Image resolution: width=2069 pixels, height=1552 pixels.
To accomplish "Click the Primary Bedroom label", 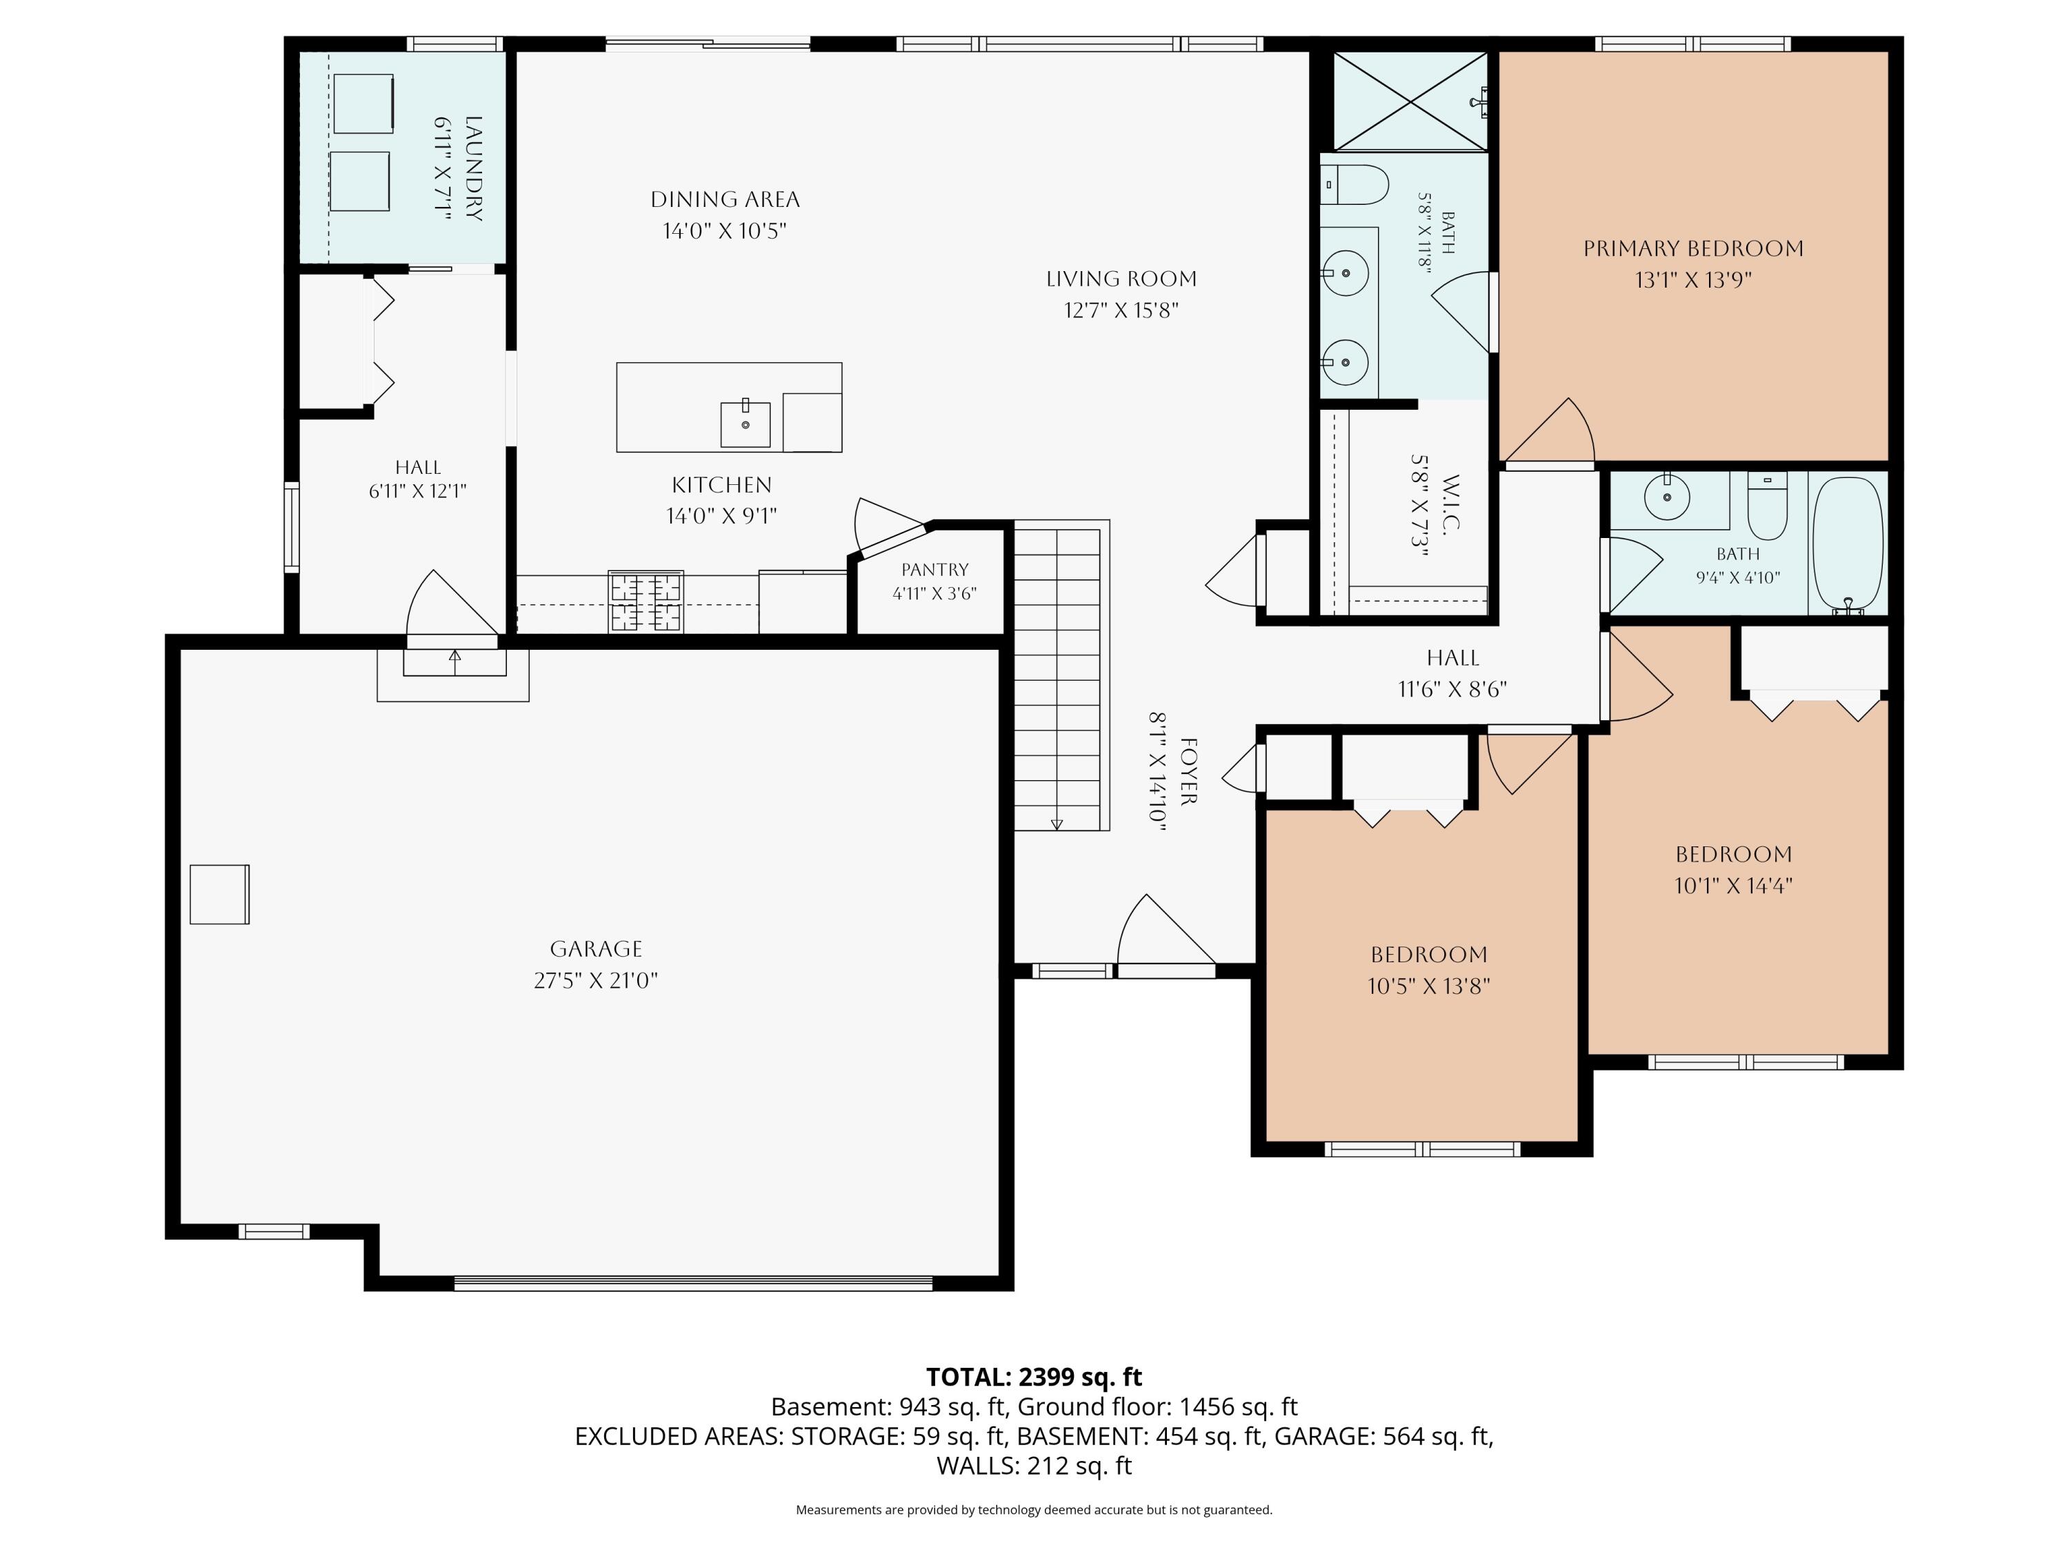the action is pyautogui.click(x=1693, y=249).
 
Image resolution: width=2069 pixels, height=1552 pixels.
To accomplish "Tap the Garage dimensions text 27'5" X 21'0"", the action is pyautogui.click(x=596, y=980).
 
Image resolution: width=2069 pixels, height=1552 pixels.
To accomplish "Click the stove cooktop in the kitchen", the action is pyautogui.click(x=646, y=601).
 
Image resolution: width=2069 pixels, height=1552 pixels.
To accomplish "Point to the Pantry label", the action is pyautogui.click(x=934, y=570).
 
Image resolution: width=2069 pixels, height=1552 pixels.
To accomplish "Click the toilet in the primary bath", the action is pyautogui.click(x=1353, y=186).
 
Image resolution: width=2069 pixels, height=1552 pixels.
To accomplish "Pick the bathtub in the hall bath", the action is pyautogui.click(x=1848, y=546).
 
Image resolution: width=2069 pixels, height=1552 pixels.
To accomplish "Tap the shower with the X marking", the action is pyautogui.click(x=1410, y=101).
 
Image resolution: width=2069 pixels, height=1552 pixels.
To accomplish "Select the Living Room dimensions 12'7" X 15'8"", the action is pyautogui.click(x=1121, y=310).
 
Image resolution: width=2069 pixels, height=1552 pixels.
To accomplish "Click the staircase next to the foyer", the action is pyautogui.click(x=1061, y=675).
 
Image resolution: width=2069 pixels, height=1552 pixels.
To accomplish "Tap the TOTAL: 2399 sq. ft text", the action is pyautogui.click(x=1034, y=1377).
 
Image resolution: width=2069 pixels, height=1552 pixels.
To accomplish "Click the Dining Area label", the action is pyautogui.click(x=725, y=199).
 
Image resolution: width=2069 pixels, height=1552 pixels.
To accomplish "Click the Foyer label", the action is pyautogui.click(x=1188, y=771).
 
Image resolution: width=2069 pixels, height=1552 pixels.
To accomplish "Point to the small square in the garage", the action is pyautogui.click(x=220, y=895).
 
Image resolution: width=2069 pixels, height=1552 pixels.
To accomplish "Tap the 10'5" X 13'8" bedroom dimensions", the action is pyautogui.click(x=1428, y=986).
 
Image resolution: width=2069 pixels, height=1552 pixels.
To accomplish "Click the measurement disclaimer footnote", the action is pyautogui.click(x=1034, y=1509).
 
